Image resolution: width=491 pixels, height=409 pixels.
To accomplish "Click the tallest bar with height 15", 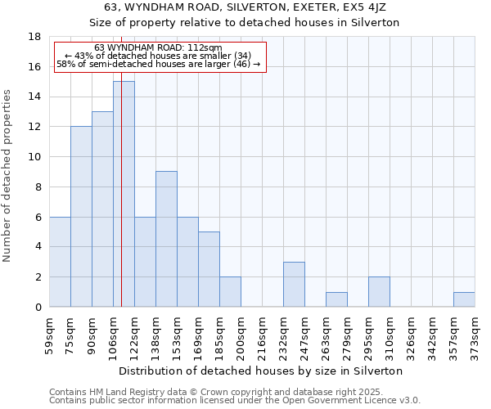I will tap(124, 194).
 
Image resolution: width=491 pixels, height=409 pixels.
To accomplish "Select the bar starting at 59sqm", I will tap(60, 262).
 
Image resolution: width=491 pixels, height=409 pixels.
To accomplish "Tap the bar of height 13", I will tap(102, 209).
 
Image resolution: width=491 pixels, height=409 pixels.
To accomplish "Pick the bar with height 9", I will tap(166, 239).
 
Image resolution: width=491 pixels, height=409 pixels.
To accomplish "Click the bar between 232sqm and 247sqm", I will tap(294, 284).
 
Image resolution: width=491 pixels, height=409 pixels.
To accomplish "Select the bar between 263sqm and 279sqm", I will tap(336, 299).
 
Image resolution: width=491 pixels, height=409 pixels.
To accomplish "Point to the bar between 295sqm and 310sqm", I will tap(379, 292).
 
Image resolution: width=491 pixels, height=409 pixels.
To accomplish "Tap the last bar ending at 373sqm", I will tap(464, 299).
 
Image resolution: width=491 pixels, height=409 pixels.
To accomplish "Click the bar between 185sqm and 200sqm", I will tap(230, 292).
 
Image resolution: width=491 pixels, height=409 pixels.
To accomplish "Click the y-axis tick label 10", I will tap(34, 157).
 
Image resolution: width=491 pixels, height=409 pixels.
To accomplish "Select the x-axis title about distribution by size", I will tap(262, 371).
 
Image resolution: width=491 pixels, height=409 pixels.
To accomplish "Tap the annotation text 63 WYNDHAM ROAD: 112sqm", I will tap(158, 48).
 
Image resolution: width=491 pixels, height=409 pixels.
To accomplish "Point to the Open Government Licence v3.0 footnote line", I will tap(235, 401).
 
